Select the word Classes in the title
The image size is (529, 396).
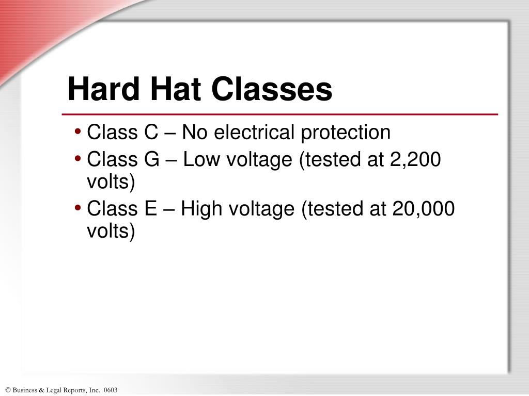(x=272, y=89)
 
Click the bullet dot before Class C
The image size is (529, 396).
(x=77, y=133)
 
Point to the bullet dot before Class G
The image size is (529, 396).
(x=77, y=160)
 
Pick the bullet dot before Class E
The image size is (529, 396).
(x=77, y=209)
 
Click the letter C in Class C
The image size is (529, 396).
(x=151, y=133)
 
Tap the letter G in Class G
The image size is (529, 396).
(x=152, y=160)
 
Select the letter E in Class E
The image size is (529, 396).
(x=150, y=209)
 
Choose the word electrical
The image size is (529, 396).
(x=255, y=133)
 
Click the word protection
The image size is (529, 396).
(x=346, y=133)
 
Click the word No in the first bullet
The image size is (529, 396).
(x=194, y=133)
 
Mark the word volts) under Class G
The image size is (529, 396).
(x=111, y=182)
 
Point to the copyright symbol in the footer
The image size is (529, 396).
(x=8, y=390)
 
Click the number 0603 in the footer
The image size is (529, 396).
(x=111, y=390)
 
